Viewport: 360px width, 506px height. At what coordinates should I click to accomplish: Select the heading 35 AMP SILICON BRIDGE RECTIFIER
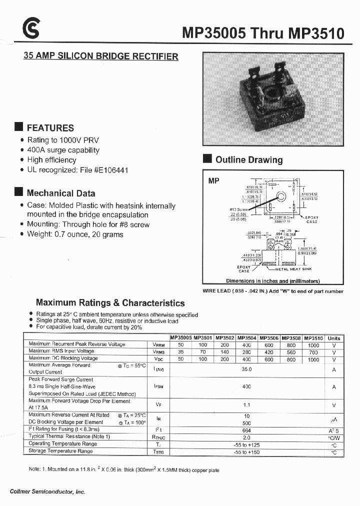point(101,56)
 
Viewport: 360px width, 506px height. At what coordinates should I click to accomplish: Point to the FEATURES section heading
point(50,128)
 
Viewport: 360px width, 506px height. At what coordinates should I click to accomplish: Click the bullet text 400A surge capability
point(63,150)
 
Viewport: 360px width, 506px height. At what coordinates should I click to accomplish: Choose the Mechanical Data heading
point(60,193)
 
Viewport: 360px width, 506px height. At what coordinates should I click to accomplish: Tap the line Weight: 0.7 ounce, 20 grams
point(75,234)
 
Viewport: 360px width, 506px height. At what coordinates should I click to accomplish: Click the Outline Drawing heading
point(248,160)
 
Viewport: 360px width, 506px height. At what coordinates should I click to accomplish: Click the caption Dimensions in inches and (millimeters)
point(272,281)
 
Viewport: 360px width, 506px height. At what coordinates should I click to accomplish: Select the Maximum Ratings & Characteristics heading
point(110,303)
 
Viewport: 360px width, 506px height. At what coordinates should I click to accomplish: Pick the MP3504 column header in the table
point(246,338)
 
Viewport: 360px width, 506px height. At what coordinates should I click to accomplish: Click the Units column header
point(333,338)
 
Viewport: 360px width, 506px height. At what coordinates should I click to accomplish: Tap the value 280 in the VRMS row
point(246,352)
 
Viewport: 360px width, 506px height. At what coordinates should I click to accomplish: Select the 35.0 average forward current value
point(246,369)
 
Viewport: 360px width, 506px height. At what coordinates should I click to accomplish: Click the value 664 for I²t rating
point(246,429)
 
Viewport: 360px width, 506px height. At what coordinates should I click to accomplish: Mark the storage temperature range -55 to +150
point(246,451)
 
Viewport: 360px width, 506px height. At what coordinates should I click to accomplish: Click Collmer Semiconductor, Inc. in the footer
point(47,492)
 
